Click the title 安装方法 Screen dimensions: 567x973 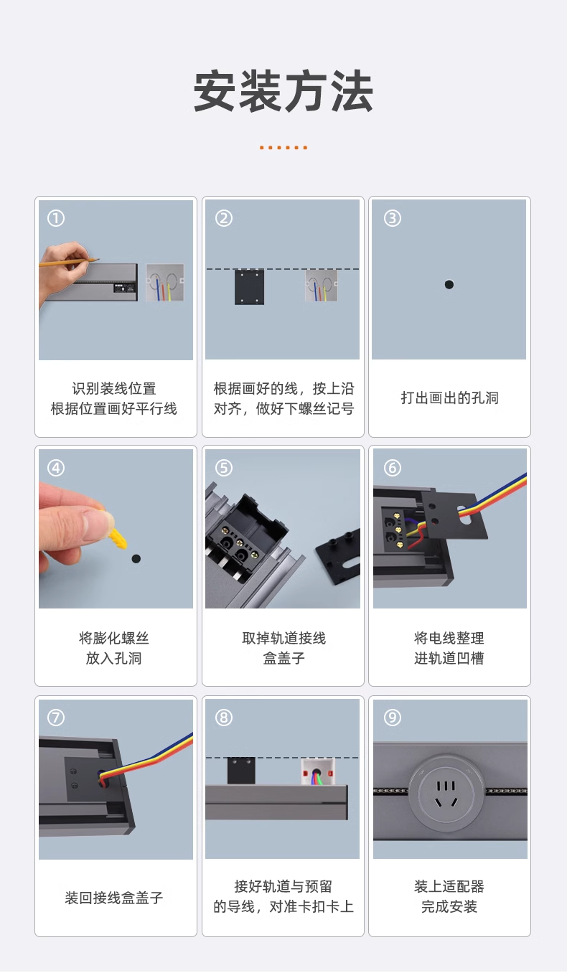tap(283, 91)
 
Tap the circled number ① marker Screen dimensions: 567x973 tap(56, 218)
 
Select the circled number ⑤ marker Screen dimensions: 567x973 tap(224, 468)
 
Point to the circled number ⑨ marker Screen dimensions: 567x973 tap(393, 717)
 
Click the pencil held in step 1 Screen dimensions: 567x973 tap(70, 262)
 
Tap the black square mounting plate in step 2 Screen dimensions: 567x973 tap(249, 287)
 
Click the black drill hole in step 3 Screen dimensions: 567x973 tap(449, 285)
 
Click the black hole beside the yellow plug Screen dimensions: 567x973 tap(136, 558)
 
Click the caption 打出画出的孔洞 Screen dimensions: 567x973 tap(450, 398)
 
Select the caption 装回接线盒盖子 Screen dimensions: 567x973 tap(114, 898)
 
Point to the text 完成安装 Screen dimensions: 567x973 tap(449, 906)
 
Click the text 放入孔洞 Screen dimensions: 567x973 tap(114, 658)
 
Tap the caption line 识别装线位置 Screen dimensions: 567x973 tap(114, 388)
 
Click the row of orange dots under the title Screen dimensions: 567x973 tap(283, 148)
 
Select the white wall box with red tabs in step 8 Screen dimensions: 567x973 tap(318, 771)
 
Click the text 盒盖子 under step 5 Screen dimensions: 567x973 tap(283, 658)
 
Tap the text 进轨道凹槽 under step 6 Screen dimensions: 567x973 tap(449, 658)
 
